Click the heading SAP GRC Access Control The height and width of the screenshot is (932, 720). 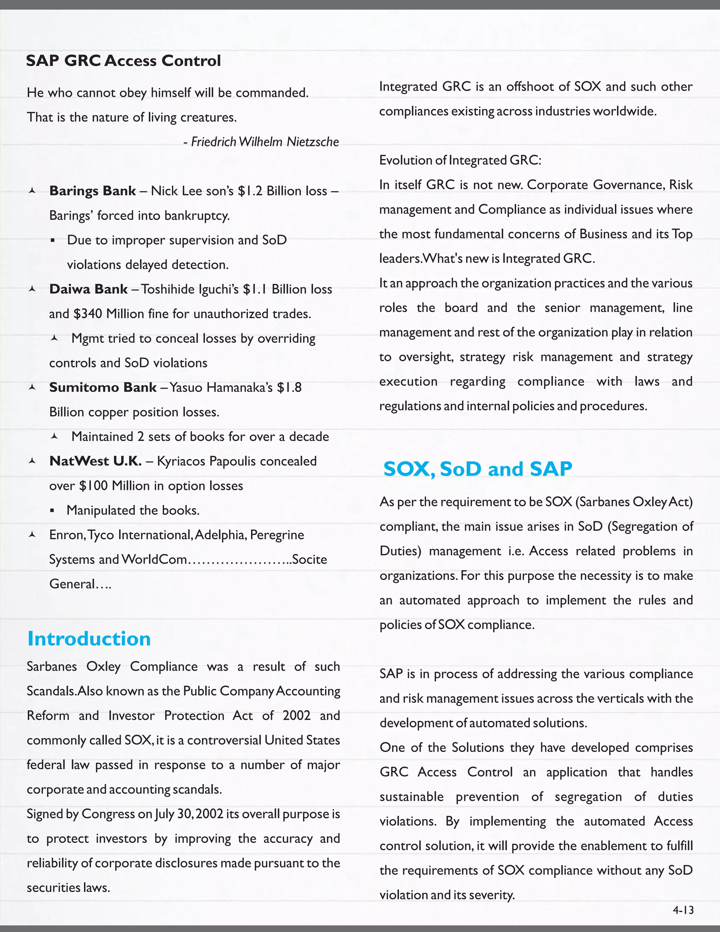coord(123,60)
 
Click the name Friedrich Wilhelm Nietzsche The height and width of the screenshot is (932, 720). coord(264,142)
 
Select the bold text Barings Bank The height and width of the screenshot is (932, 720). coord(92,191)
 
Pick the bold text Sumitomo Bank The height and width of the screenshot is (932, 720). coord(103,387)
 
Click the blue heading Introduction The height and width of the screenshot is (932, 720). coord(89,639)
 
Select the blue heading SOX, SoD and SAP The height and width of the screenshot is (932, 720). coord(477,468)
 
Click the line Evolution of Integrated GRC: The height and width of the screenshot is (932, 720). coord(460,160)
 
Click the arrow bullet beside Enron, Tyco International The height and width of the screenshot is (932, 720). coord(32,535)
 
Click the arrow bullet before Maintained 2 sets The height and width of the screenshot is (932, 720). coord(54,436)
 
